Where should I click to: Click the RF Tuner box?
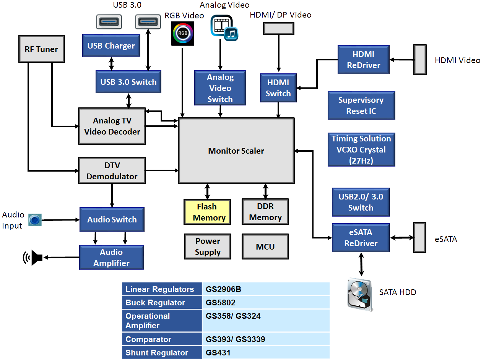point(41,49)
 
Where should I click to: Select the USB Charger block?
point(111,46)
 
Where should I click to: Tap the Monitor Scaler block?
point(236,151)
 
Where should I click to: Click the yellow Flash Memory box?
point(207,212)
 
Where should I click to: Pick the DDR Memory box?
point(265,212)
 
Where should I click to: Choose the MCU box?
point(265,246)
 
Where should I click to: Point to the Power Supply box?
point(208,246)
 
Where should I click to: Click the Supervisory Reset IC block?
point(361,105)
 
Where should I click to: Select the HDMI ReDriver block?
point(363,60)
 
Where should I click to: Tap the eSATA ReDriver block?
point(361,238)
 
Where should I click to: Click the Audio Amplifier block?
point(112,258)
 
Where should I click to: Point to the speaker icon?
point(32,258)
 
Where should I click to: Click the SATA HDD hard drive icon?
point(359,294)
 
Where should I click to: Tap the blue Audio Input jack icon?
point(35,220)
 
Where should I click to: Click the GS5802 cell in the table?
point(266,303)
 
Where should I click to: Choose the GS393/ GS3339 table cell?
point(266,339)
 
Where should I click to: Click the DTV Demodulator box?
point(112,171)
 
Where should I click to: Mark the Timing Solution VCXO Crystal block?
point(361,149)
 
